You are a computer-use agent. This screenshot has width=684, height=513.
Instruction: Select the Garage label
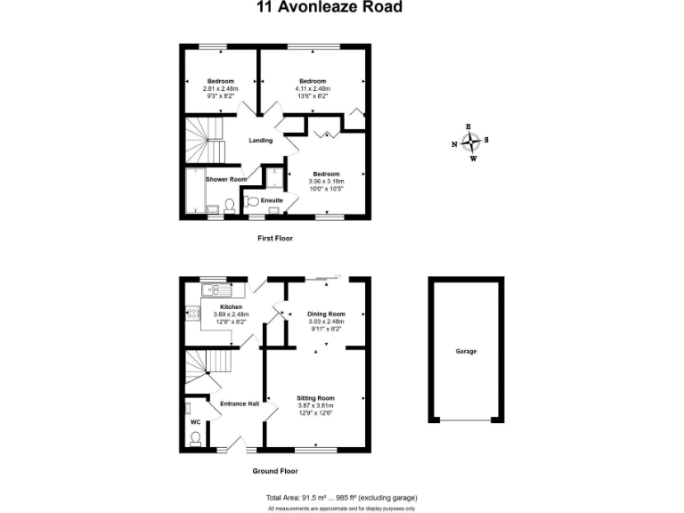click(466, 351)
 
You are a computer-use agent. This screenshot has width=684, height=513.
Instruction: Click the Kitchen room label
click(218, 305)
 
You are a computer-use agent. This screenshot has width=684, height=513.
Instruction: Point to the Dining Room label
click(324, 313)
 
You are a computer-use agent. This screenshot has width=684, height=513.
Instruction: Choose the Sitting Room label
click(316, 397)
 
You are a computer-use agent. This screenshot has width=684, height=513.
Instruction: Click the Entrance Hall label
click(240, 403)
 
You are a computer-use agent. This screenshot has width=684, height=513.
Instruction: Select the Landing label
click(260, 141)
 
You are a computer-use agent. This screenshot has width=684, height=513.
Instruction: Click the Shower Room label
click(225, 179)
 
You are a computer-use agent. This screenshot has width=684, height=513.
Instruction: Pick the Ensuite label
click(272, 200)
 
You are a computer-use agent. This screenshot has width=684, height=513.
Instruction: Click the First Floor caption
click(274, 239)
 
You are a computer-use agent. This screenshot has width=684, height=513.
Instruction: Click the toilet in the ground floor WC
click(196, 437)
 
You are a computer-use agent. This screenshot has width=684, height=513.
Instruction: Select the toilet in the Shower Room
click(229, 205)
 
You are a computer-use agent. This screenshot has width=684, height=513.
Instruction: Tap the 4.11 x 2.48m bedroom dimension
click(312, 88)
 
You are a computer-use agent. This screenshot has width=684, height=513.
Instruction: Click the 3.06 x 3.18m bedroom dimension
click(325, 181)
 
